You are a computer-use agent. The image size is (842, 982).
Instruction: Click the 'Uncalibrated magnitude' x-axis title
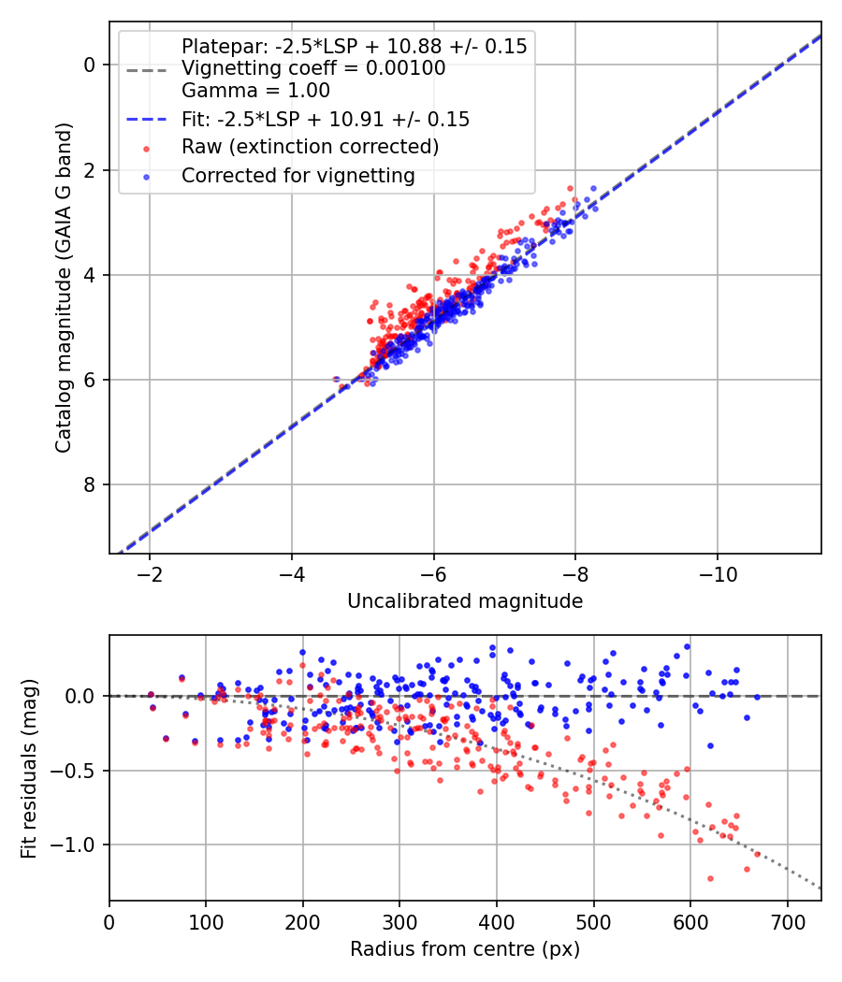click(465, 601)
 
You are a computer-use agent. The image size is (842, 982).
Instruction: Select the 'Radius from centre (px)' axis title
click(465, 949)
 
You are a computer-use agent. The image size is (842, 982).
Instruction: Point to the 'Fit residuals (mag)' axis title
click(30, 768)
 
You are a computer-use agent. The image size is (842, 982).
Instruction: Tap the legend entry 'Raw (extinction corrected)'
click(310, 147)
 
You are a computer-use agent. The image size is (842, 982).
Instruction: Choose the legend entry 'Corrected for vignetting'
click(298, 175)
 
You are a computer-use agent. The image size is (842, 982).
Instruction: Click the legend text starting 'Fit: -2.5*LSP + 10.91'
click(326, 120)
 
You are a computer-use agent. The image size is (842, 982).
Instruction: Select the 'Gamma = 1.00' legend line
click(255, 91)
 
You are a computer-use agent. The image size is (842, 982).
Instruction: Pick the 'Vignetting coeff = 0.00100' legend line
click(313, 68)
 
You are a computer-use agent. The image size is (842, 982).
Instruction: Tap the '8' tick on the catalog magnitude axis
click(91, 484)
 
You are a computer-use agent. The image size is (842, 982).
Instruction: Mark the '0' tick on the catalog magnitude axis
click(91, 65)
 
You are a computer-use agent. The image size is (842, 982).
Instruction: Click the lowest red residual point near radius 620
click(710, 878)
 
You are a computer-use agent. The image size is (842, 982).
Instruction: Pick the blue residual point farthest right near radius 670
click(757, 696)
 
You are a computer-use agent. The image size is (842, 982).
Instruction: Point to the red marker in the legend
click(145, 148)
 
